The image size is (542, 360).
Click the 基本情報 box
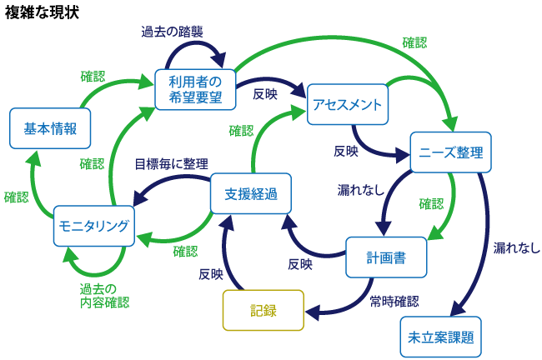(x=49, y=128)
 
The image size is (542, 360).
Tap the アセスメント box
(x=347, y=104)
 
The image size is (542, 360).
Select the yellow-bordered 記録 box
(x=263, y=310)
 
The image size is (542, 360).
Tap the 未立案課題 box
(x=440, y=337)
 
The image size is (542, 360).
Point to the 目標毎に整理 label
(x=172, y=163)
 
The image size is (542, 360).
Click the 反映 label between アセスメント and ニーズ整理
(x=346, y=152)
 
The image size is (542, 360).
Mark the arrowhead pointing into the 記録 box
(x=310, y=313)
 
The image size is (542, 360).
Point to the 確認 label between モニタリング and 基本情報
(x=16, y=197)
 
